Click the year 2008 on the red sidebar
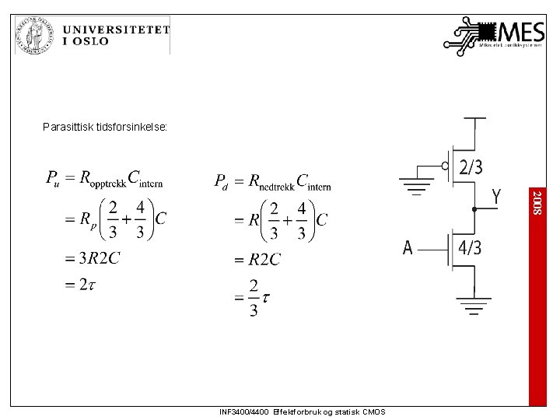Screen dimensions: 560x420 click(x=537, y=201)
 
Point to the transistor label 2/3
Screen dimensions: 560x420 click(x=471, y=167)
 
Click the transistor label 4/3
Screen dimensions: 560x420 click(x=469, y=248)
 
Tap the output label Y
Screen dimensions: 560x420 click(x=495, y=198)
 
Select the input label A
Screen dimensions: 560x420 click(x=408, y=248)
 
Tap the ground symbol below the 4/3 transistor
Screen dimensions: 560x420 click(x=474, y=306)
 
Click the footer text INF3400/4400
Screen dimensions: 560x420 click(x=245, y=412)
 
